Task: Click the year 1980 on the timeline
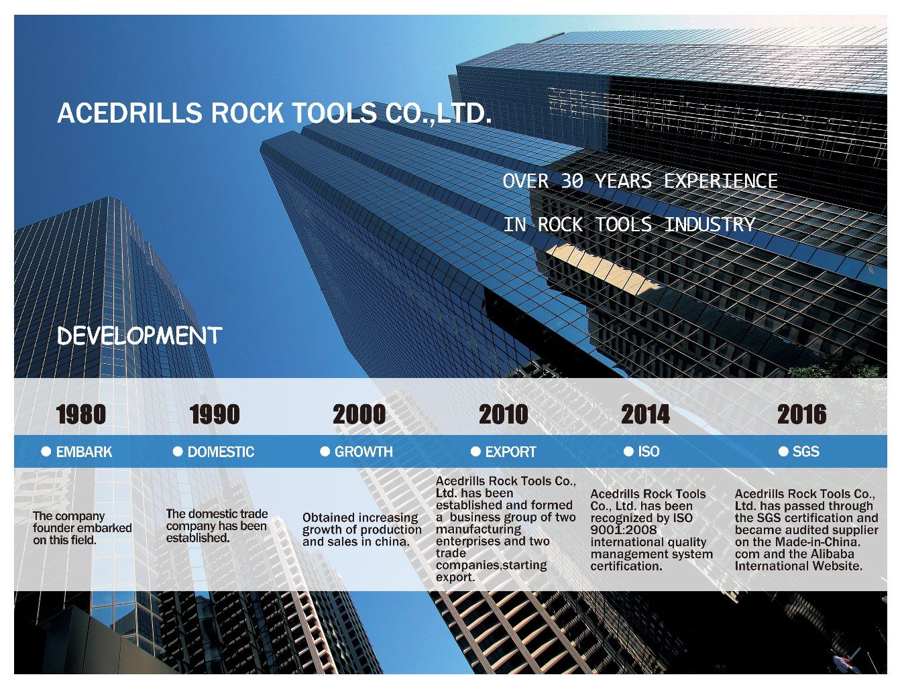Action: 81,414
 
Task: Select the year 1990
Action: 215,414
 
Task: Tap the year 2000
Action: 359,414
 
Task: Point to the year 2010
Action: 504,414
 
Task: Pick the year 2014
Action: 645,414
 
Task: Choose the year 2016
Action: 801,414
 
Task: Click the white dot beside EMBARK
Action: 46,452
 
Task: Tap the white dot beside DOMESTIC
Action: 178,452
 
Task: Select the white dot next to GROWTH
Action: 325,452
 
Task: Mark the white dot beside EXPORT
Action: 475,452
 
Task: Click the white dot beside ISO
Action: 628,452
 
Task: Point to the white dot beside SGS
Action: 783,452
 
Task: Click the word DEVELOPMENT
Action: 139,336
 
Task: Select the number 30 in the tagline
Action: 572,181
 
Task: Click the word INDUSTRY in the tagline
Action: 710,225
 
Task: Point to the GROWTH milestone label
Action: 363,452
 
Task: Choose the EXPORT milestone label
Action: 511,452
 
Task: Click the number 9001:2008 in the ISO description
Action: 623,530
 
